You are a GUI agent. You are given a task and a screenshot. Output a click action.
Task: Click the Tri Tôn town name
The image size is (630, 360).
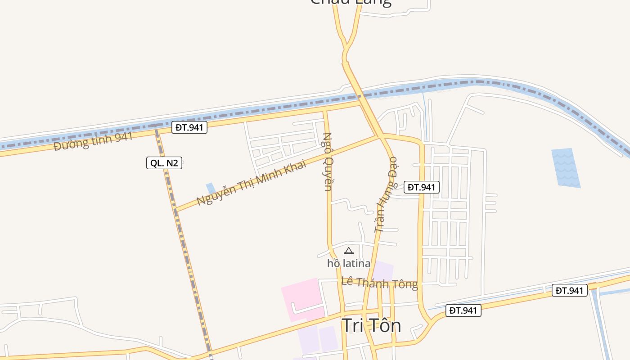point(371,325)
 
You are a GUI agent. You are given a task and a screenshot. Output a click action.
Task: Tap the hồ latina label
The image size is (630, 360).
point(349,263)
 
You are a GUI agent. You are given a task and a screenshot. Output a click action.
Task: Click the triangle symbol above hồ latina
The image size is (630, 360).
point(349,251)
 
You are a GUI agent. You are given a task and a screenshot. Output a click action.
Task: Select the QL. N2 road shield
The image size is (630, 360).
point(164,163)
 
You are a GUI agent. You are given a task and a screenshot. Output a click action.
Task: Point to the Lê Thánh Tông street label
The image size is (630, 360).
point(379,283)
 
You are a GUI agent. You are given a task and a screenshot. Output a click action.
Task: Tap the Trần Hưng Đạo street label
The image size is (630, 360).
point(387,194)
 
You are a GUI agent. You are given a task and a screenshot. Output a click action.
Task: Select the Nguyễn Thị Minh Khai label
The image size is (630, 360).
point(251,182)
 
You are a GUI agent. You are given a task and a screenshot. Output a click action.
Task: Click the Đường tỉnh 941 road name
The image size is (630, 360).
point(93,141)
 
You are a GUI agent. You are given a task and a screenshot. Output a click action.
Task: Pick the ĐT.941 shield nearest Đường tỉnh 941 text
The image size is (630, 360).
point(189,127)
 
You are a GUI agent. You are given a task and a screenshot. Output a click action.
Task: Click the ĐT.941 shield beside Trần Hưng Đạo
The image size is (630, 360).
point(422,187)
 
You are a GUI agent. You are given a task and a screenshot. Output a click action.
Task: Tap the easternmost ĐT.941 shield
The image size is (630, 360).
point(570,291)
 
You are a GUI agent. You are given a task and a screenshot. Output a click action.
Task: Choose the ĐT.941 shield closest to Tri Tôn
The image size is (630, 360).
point(463,310)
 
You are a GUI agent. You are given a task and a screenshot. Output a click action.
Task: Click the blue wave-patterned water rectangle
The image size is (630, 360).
point(566,168)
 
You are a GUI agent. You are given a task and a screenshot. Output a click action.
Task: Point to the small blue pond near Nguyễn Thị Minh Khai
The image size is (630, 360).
point(210,188)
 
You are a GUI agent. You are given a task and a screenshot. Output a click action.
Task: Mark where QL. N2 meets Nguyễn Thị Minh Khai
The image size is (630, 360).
point(175,210)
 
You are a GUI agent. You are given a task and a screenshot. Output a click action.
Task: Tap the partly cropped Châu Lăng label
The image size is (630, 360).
point(351,3)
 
